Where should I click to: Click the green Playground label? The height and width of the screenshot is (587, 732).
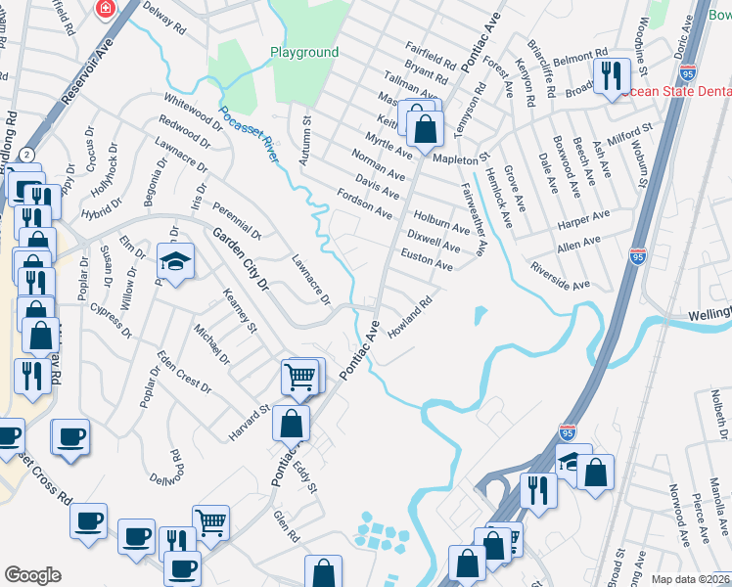tap(303, 52)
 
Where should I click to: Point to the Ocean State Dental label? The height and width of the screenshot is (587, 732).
tap(676, 90)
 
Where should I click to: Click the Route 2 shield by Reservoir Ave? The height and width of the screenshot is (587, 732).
tap(27, 155)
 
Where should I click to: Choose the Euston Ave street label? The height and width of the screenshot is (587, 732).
tap(427, 258)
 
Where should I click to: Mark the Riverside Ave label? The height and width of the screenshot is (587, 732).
tap(559, 275)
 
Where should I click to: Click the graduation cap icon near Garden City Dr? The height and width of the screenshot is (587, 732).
tap(175, 260)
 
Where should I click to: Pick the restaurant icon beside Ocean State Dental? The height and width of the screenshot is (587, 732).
tap(613, 74)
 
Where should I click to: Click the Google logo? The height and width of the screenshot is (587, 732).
tap(32, 575)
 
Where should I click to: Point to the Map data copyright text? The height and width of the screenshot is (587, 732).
tap(690, 579)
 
